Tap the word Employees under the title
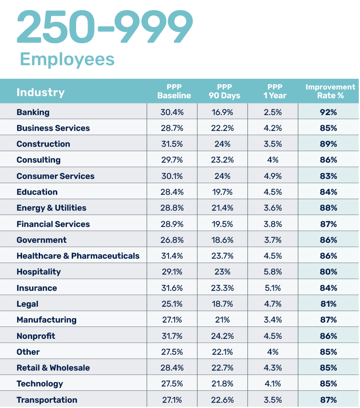tap(67, 59)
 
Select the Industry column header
tap(40, 92)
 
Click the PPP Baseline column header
tap(174, 91)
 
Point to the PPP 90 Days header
tap(224, 91)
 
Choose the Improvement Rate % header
tap(330, 91)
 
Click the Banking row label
tap(33, 112)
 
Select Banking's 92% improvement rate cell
tap(328, 112)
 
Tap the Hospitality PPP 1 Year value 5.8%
tap(273, 272)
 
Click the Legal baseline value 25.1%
tap(172, 304)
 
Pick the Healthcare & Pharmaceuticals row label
tap(78, 256)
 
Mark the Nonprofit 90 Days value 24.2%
tap(222, 336)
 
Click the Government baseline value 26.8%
tap(172, 240)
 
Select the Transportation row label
tap(47, 400)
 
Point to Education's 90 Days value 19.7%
tap(222, 192)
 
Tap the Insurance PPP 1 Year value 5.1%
tap(273, 288)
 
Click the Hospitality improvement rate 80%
tap(328, 272)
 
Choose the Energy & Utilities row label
tap(51, 208)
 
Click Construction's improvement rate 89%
tap(328, 144)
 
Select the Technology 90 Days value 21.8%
tap(222, 384)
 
